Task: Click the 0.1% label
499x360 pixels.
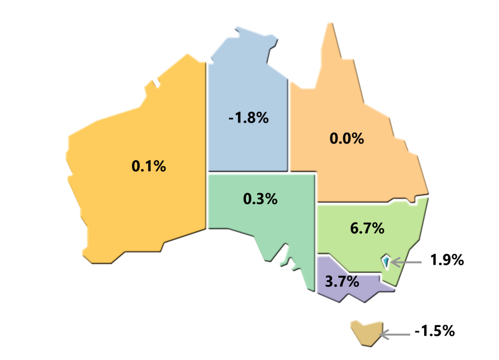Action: click(x=149, y=166)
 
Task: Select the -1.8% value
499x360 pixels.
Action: click(x=248, y=118)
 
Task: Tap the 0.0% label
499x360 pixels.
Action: click(x=347, y=139)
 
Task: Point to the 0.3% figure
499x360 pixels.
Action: click(x=260, y=199)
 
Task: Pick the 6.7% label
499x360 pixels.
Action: click(x=366, y=229)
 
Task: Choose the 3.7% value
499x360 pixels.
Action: click(x=341, y=281)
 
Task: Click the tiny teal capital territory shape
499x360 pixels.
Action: click(x=385, y=262)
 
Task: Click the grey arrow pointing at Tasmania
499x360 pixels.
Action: click(x=396, y=334)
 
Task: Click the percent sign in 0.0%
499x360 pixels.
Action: click(x=357, y=139)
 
